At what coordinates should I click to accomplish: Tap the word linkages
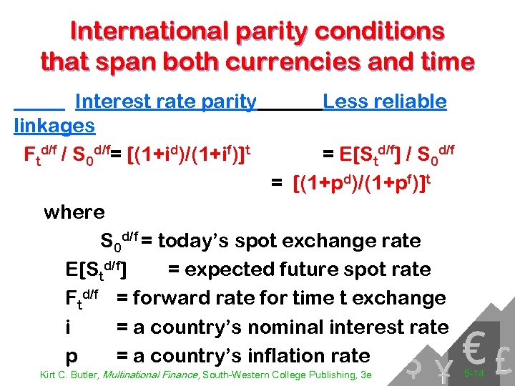coord(54,126)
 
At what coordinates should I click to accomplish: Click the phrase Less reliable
coord(385,102)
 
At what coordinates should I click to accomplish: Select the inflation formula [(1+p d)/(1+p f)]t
coord(362,185)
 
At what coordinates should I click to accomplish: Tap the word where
coord(74,212)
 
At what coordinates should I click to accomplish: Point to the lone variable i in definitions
coord(67,327)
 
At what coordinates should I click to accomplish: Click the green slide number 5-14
coord(474,374)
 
